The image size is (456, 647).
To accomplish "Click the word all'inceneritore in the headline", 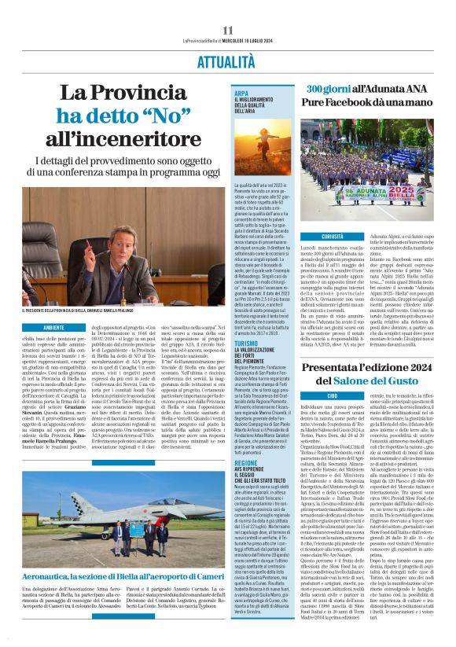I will coord(122,140).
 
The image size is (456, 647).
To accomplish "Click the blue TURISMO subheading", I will coord(246,342).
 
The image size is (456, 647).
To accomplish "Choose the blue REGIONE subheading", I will coord(246,442).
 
